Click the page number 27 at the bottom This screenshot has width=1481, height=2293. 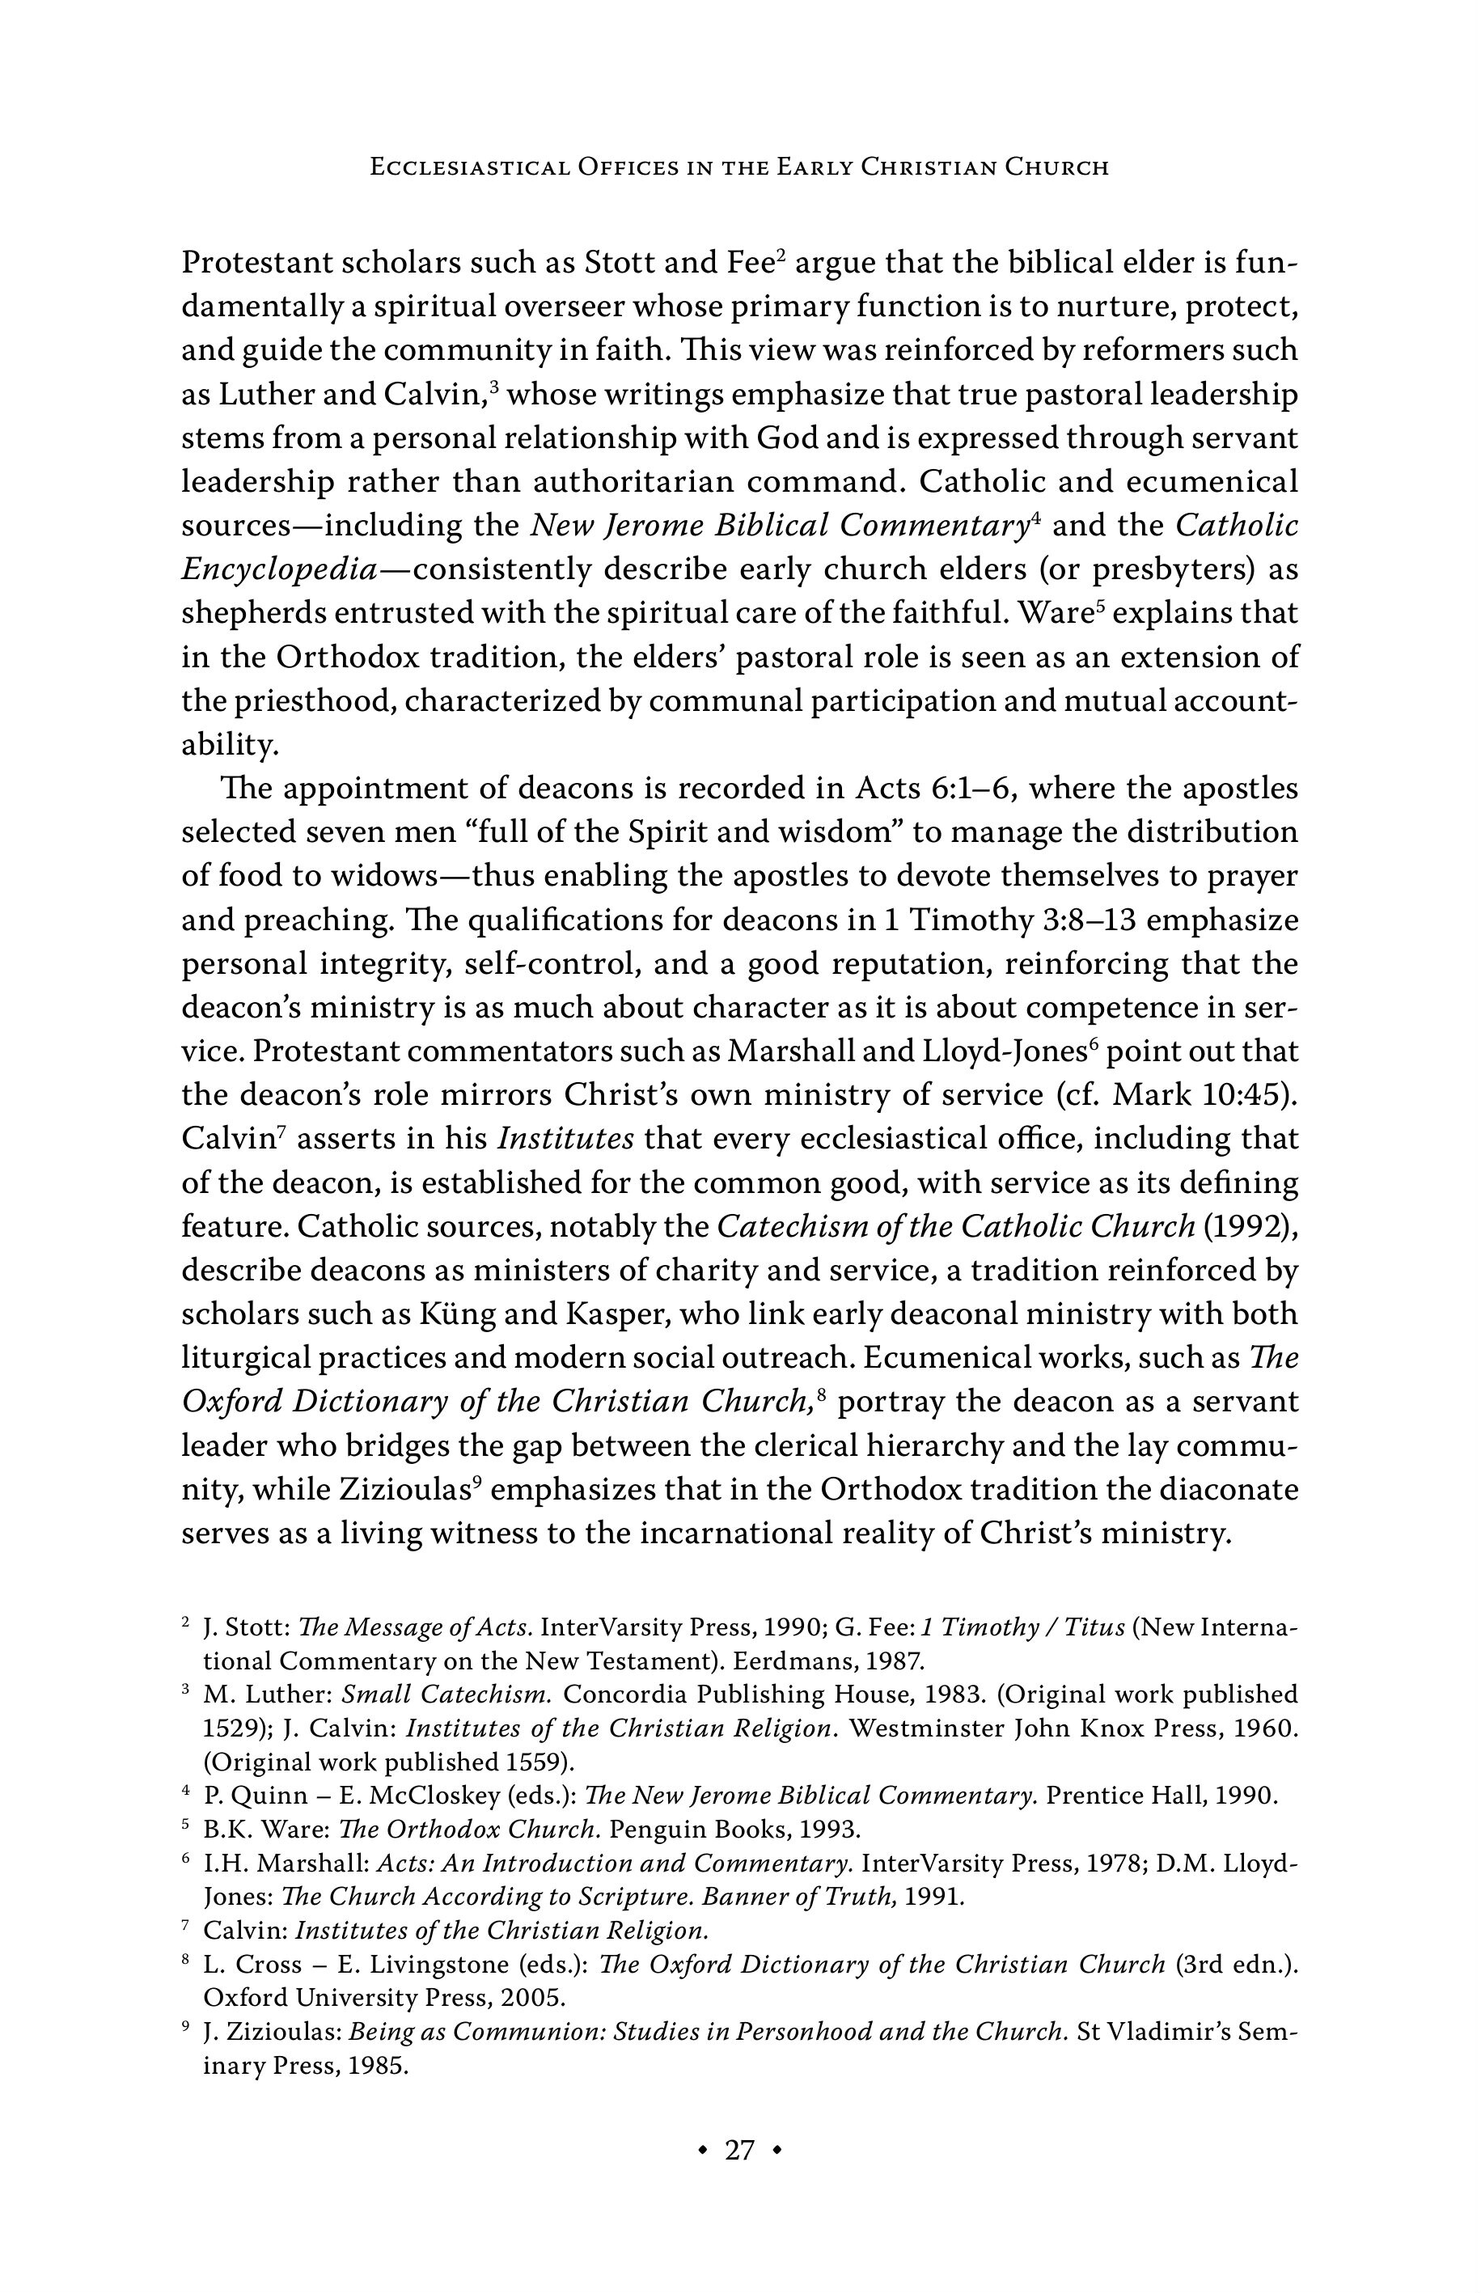pos(739,2150)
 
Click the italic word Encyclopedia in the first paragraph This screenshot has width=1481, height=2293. pos(278,570)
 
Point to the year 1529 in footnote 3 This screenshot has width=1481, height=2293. pos(228,1728)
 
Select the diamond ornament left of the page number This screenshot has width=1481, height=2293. pos(704,2150)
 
